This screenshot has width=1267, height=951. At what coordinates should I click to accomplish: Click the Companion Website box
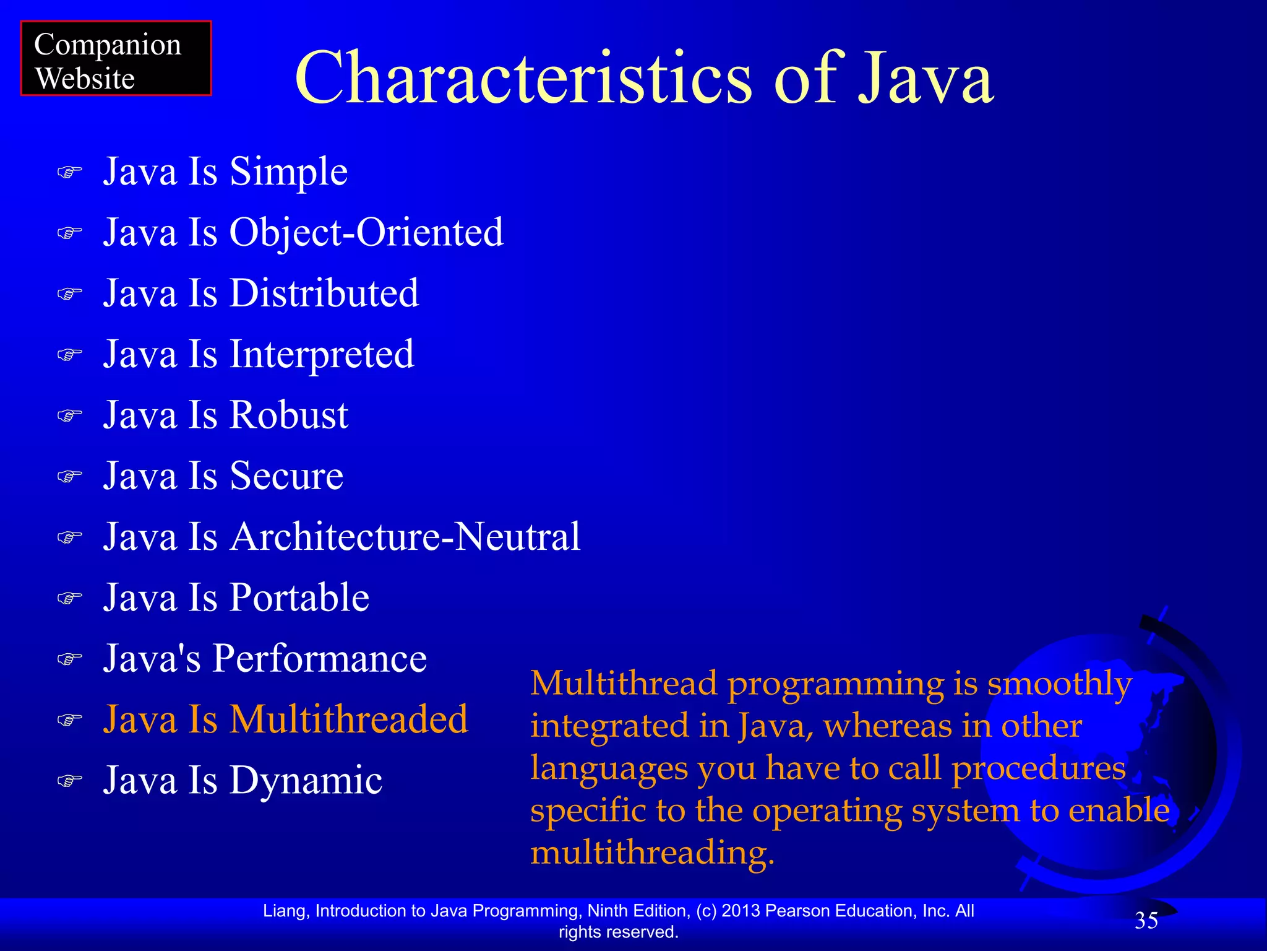(116, 58)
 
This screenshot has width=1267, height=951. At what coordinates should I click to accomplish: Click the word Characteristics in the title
(523, 79)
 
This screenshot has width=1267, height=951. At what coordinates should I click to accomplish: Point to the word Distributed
(324, 293)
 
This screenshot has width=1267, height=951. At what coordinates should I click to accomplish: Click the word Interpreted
(322, 354)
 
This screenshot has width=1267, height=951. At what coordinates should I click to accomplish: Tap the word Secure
(286, 475)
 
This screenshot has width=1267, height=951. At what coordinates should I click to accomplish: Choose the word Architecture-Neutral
(405, 536)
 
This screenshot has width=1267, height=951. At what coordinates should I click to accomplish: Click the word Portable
(299, 597)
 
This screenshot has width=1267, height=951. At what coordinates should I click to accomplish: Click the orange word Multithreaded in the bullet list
(349, 719)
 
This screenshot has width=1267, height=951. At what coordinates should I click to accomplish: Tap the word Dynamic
(306, 780)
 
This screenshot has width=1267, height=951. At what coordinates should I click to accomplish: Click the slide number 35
(1146, 921)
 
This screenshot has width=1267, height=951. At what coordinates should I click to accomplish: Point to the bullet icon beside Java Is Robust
(69, 415)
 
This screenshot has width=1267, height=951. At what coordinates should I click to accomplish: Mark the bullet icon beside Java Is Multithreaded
(69, 720)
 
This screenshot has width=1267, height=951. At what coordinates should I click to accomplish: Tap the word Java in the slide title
(926, 79)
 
